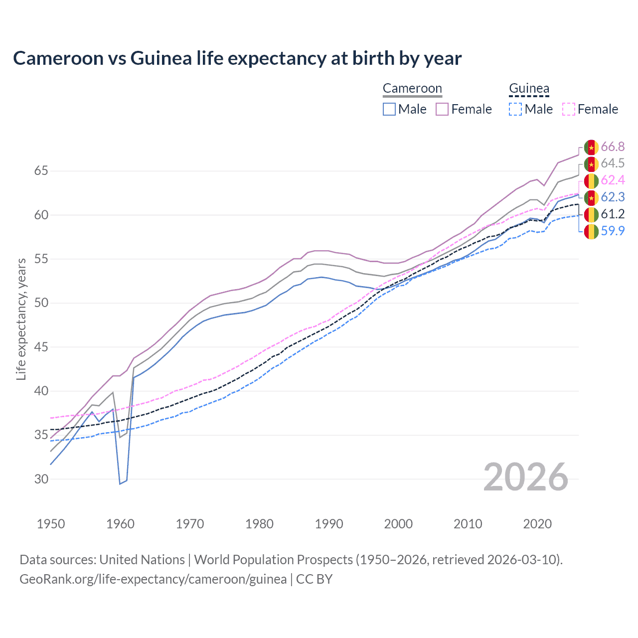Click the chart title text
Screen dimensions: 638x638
pos(237,58)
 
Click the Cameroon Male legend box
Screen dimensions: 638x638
pos(389,109)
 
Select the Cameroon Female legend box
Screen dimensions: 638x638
pos(442,109)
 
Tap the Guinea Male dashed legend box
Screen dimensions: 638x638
pos(515,109)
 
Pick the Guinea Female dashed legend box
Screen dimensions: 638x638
pos(569,109)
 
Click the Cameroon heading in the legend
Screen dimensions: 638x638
pos(412,89)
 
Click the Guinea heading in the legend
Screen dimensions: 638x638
pos(529,89)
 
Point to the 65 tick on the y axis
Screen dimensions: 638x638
pos(41,171)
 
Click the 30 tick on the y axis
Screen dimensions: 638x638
pos(41,479)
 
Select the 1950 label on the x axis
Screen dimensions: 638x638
pos(51,524)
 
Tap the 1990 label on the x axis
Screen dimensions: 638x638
pos(329,524)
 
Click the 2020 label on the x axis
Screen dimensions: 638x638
pos(537,524)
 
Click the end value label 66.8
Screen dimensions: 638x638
pos(613,147)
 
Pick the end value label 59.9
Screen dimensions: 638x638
pos(613,231)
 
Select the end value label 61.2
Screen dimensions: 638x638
pos(613,214)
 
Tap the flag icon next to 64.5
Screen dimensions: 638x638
pos(591,163)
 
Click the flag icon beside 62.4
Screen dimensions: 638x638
pos(591,180)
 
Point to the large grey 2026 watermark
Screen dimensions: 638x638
pos(526,477)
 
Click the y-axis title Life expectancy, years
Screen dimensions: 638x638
pos(21,319)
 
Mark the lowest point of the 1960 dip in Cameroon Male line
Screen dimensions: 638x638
pos(120,483)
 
